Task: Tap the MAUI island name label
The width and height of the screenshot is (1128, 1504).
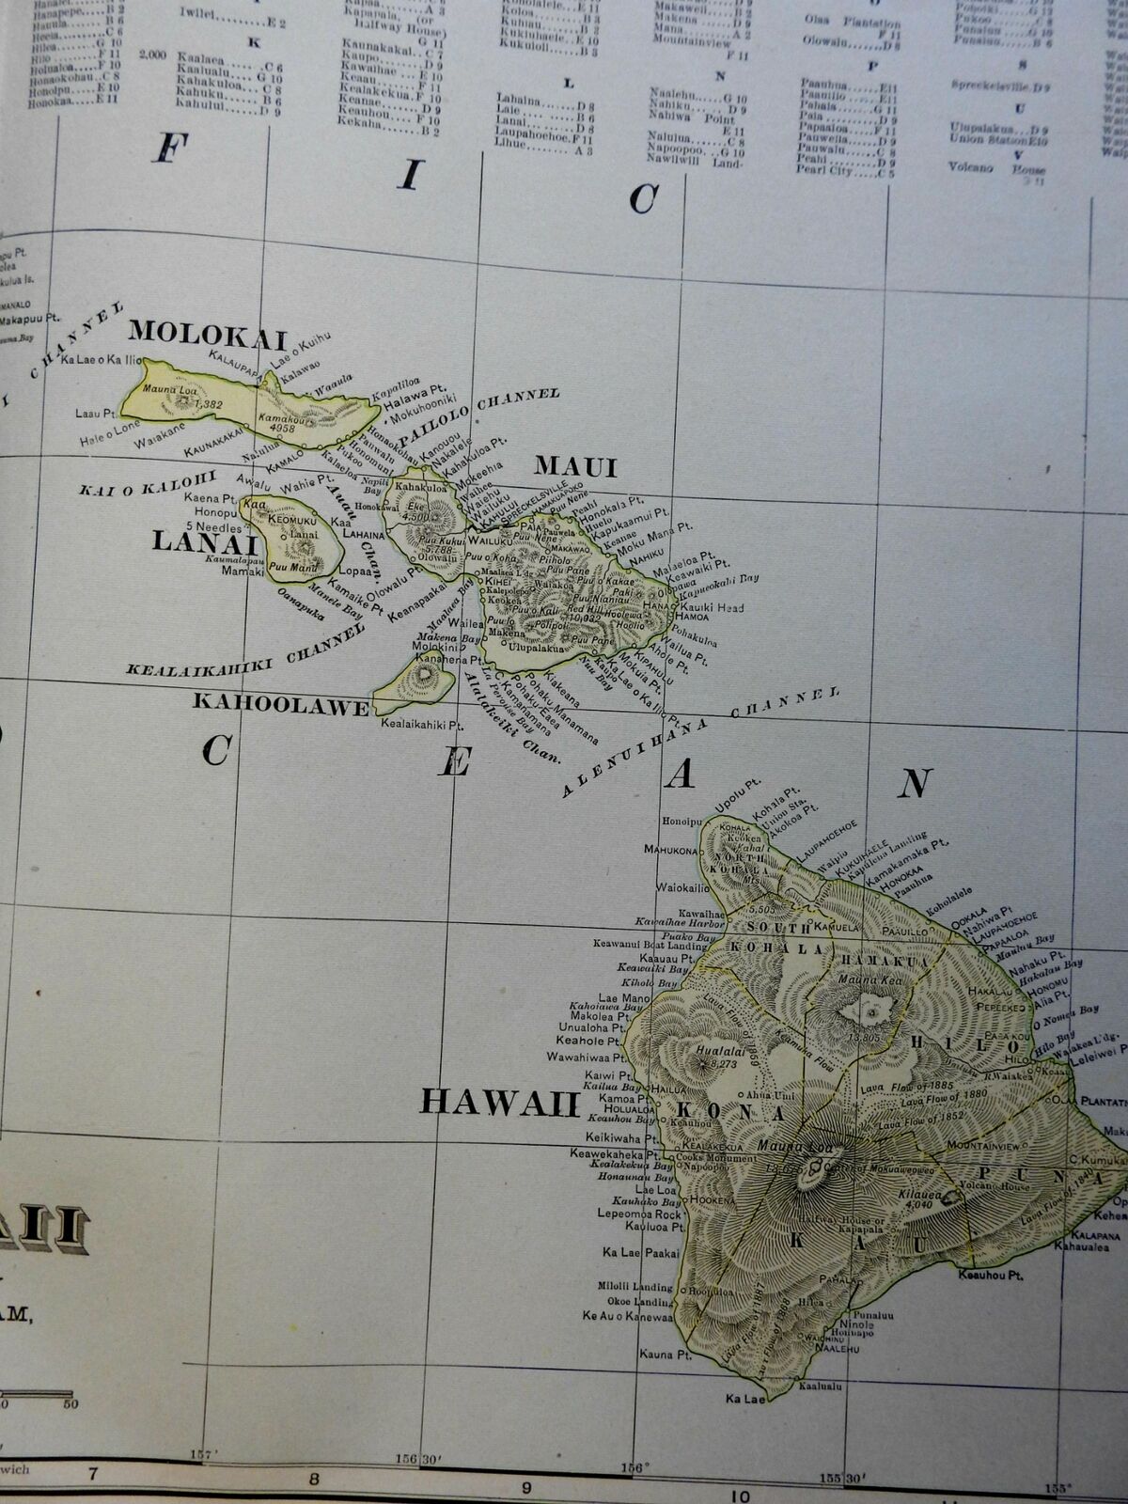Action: click(574, 466)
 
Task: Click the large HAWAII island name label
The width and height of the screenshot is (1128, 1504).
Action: click(500, 1102)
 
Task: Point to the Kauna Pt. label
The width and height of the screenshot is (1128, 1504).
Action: click(655, 1355)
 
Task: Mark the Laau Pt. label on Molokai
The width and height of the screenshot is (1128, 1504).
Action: click(96, 413)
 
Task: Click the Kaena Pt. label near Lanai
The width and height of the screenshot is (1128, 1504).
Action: click(209, 498)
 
